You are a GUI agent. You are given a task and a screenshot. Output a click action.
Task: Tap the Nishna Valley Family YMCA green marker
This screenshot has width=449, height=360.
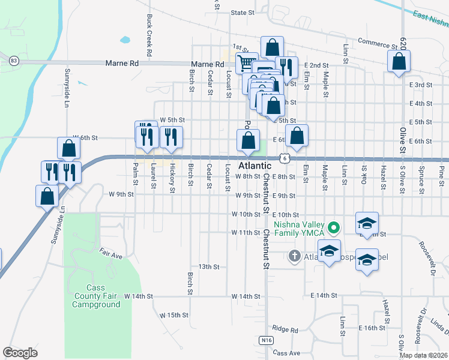(x=336, y=228)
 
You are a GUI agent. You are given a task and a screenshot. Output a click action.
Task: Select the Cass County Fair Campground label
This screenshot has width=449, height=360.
(x=96, y=296)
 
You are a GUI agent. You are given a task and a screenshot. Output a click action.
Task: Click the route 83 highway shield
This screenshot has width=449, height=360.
(x=13, y=61)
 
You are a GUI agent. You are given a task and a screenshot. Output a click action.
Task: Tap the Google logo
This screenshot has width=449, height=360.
(x=20, y=353)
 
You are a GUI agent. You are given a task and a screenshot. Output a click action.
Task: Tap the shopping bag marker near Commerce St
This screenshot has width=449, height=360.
(x=399, y=61)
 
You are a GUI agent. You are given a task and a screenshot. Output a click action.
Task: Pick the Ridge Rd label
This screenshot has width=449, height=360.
(x=285, y=329)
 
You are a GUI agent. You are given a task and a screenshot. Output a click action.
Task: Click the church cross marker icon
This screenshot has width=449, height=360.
(x=294, y=256)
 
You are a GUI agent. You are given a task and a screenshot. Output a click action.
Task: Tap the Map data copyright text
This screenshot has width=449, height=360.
(x=423, y=355)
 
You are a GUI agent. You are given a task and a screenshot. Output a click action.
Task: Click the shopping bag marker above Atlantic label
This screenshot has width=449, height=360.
(x=248, y=141)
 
